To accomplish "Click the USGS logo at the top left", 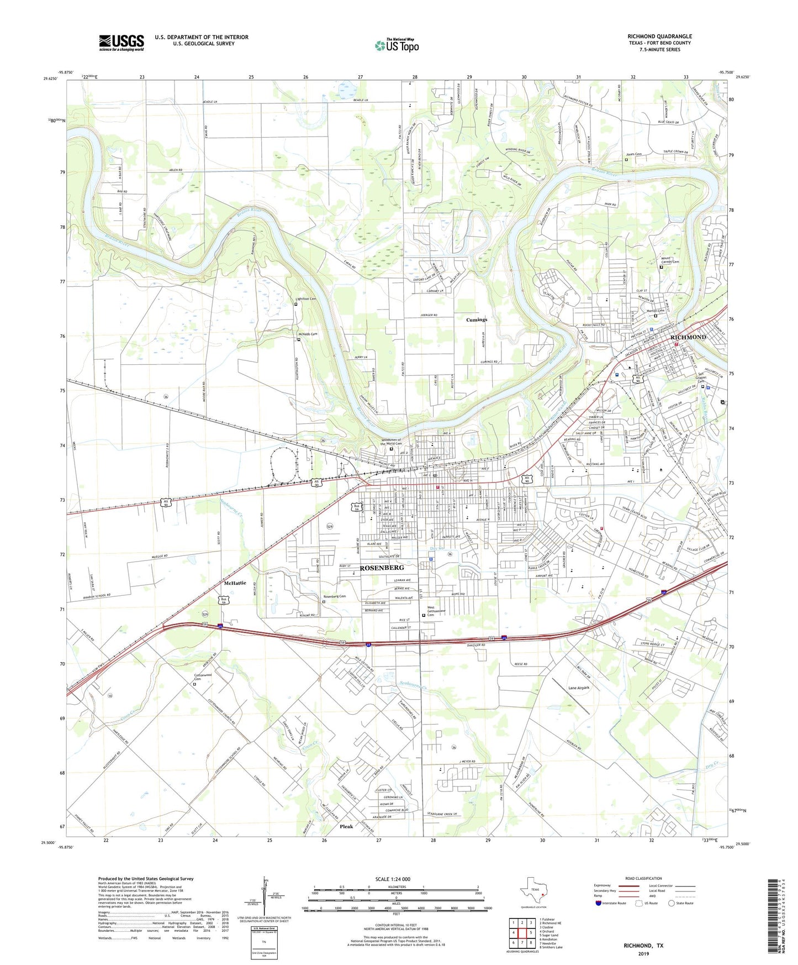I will (121, 43).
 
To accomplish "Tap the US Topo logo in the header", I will (397, 45).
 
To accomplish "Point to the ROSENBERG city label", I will (382, 568).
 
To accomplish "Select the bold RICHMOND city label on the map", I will (688, 337).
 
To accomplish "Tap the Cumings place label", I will (477, 319).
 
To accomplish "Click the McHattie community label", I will (235, 583).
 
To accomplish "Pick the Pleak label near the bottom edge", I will (346, 827).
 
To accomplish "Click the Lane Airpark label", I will (579, 688).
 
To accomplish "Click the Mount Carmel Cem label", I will (670, 260).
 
